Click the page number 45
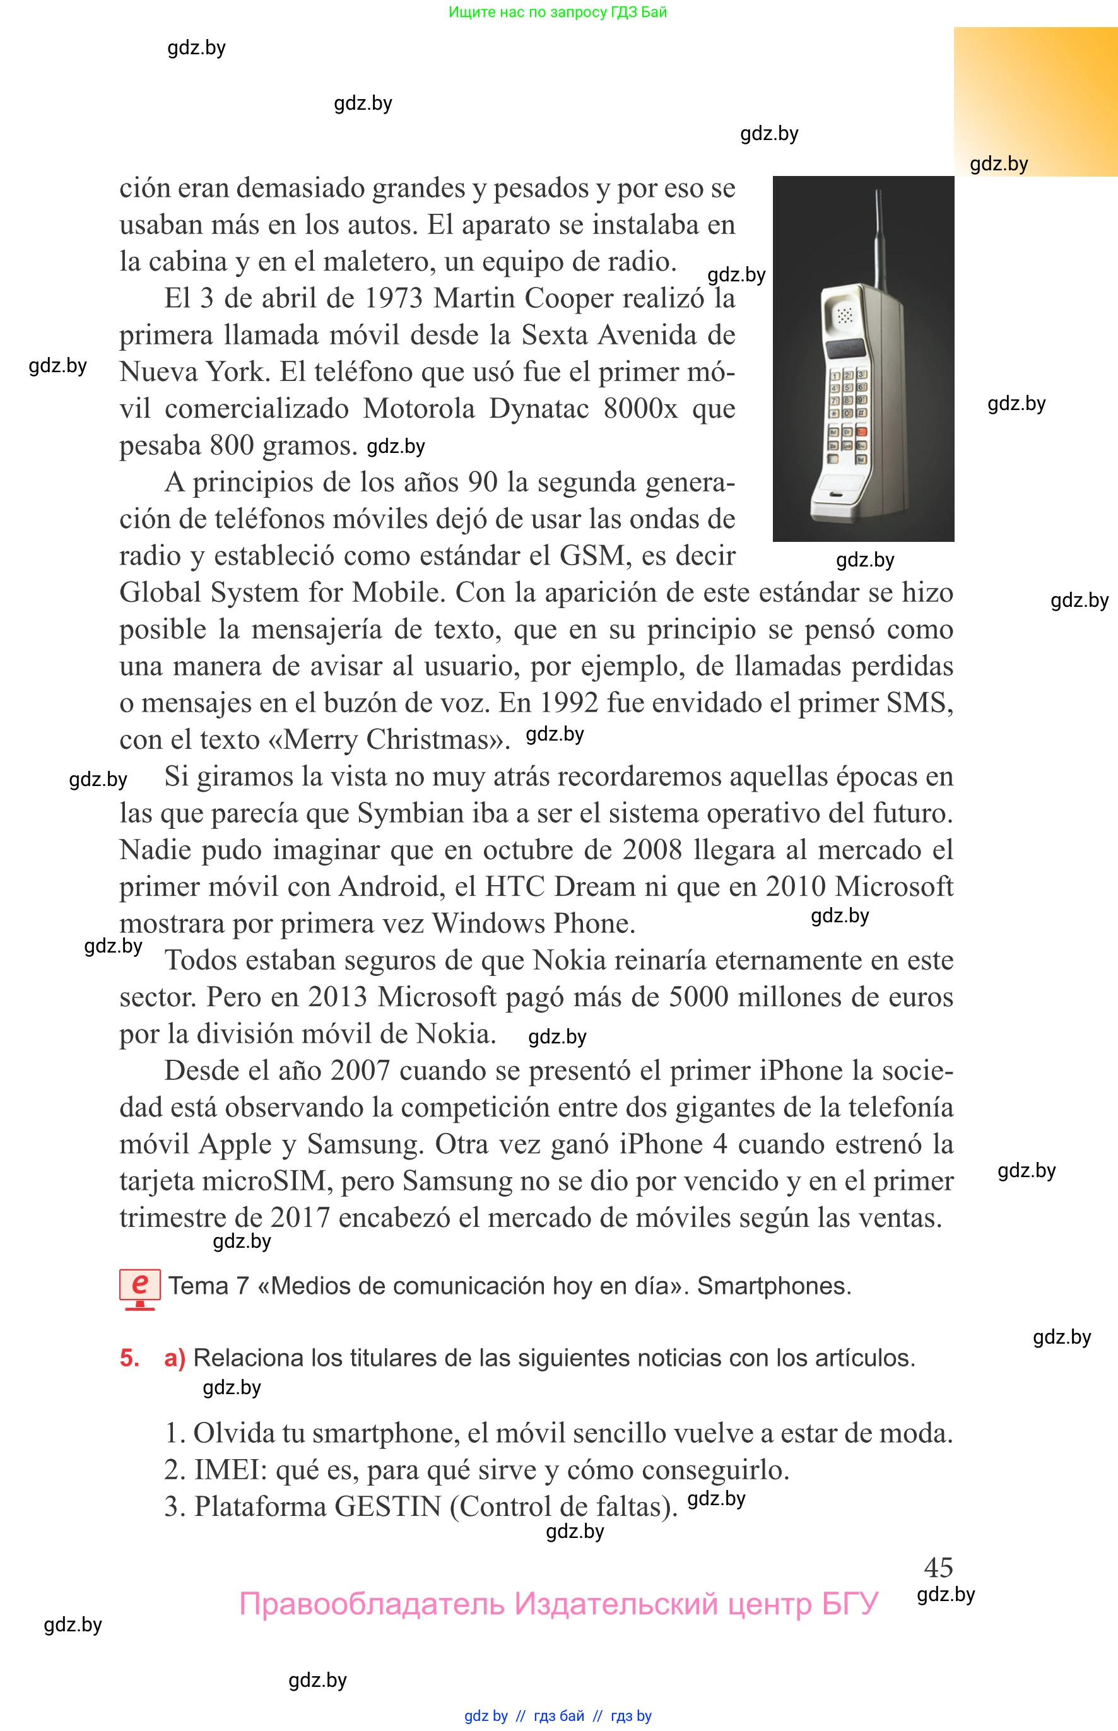click(938, 1567)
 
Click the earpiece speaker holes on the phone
click(844, 315)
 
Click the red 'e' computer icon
click(139, 1288)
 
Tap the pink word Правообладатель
click(371, 1604)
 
